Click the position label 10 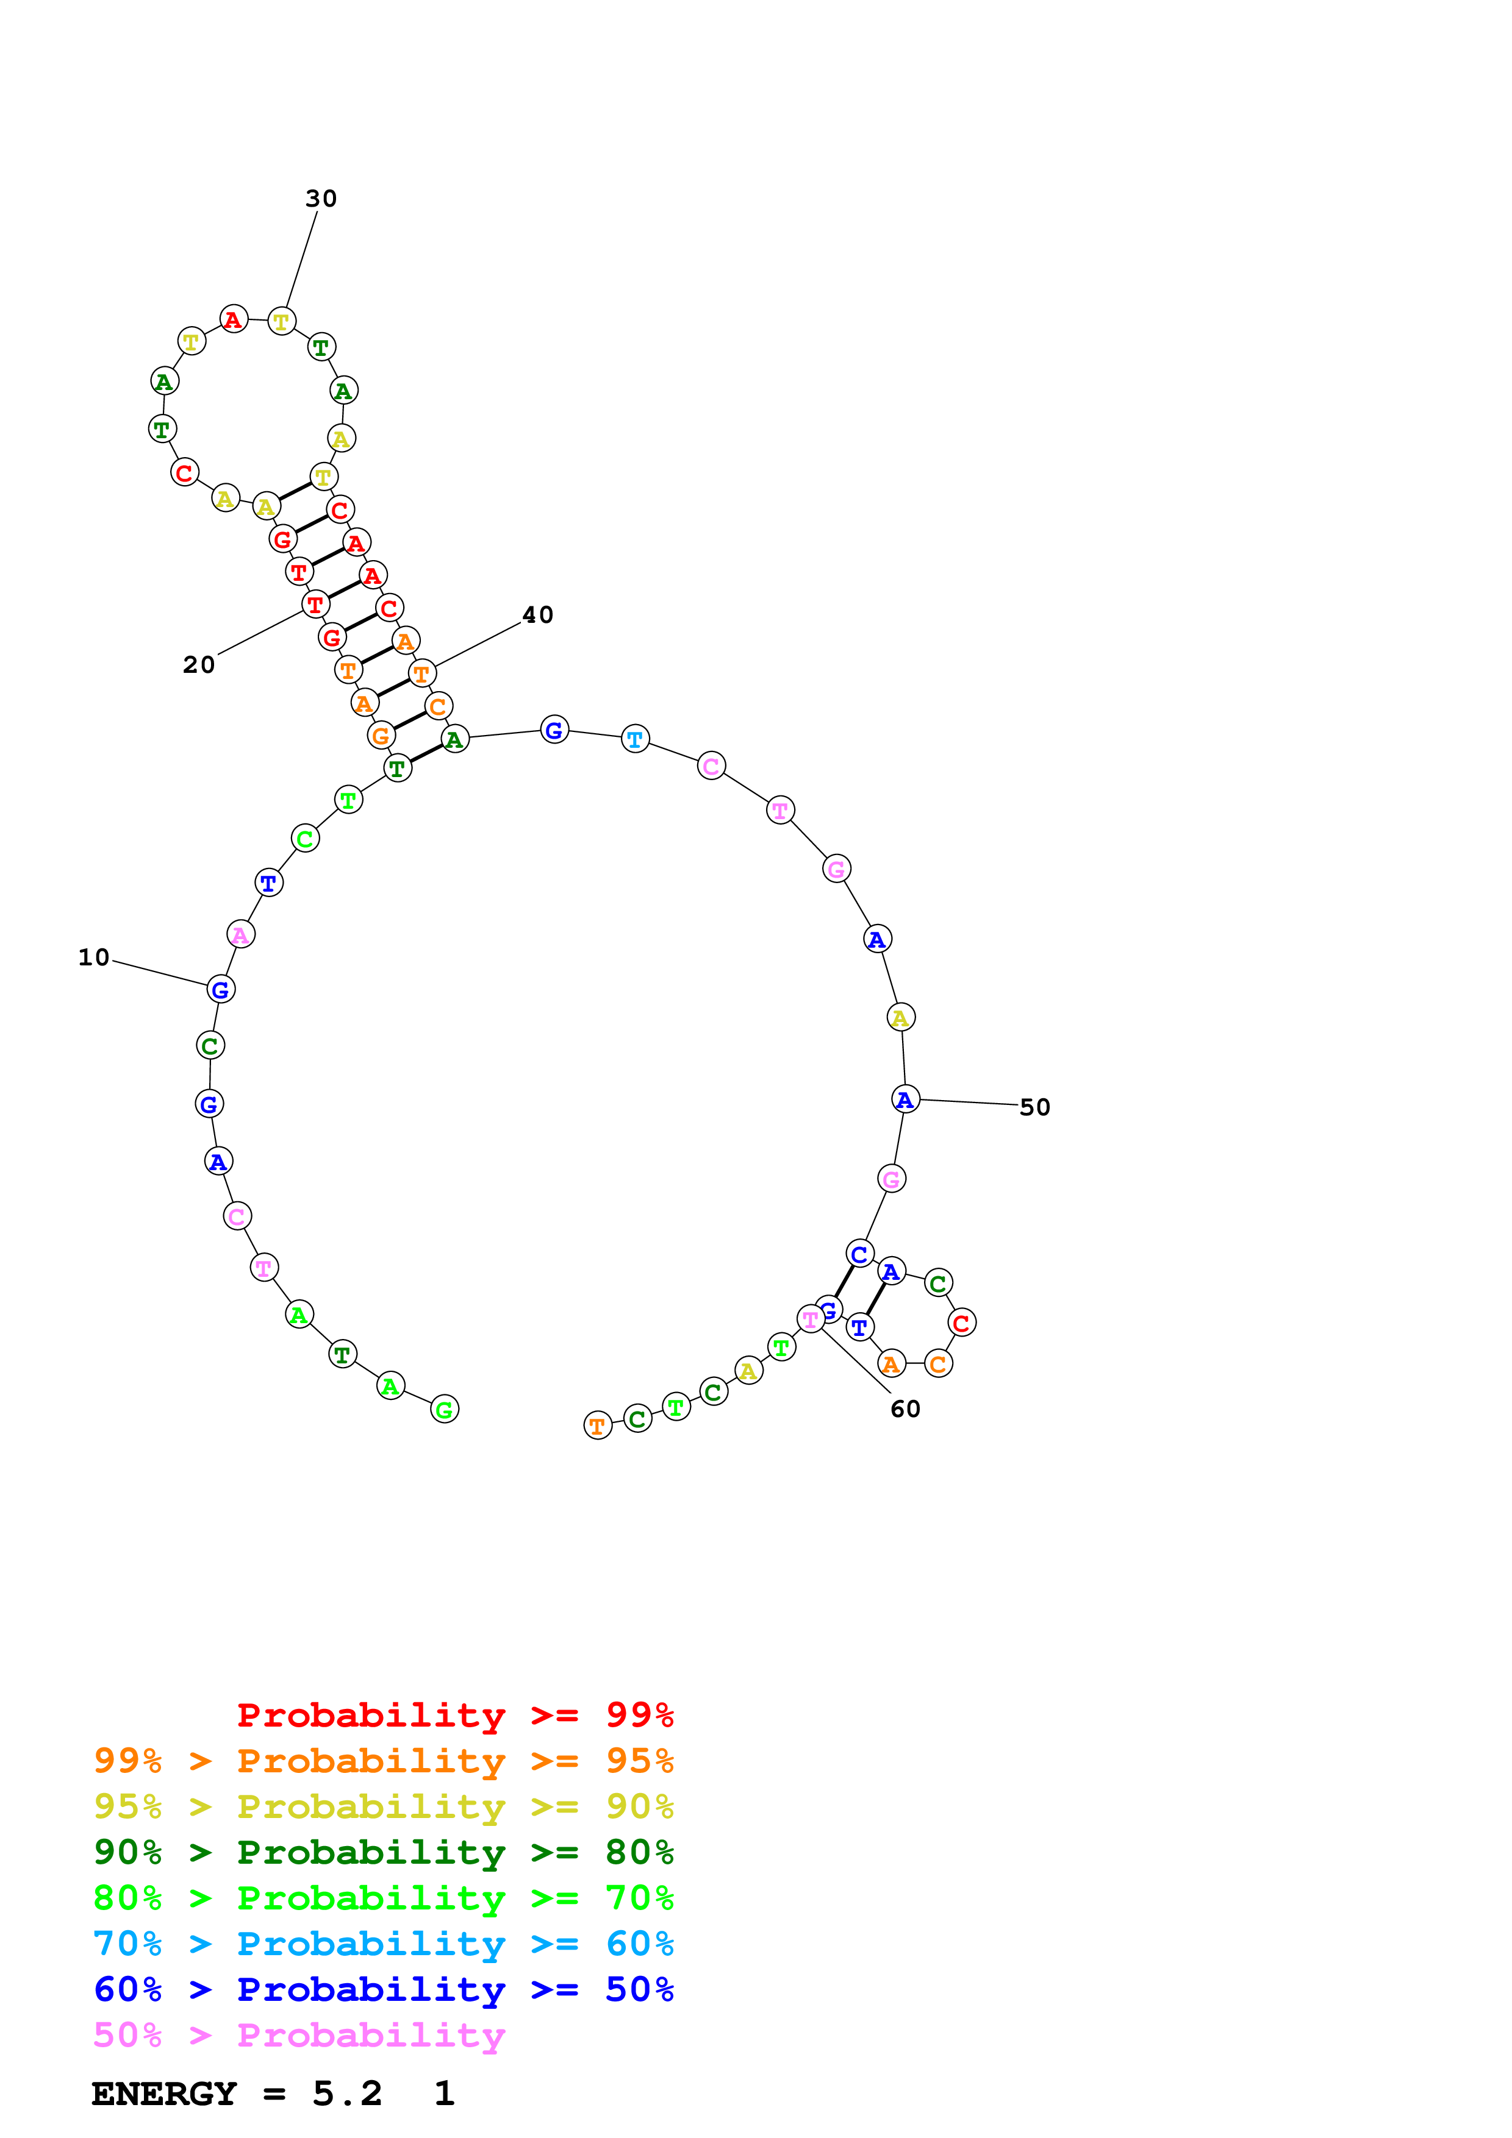coord(94,957)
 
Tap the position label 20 coord(198,665)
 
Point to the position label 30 coord(321,198)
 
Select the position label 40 coord(537,614)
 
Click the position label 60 coord(905,1409)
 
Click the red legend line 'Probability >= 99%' coord(454,1714)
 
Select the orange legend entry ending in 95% coord(383,1761)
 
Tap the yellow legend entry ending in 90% coord(383,1806)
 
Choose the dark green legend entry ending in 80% coord(383,1852)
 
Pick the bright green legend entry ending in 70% coord(383,1898)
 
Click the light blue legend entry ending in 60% coord(383,1944)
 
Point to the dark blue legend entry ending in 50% coord(383,1989)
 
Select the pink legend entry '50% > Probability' coord(298,2034)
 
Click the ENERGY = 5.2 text coord(237,2094)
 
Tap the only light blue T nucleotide coord(636,739)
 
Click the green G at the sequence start coord(445,1410)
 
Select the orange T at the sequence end coord(597,1426)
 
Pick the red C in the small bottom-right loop coord(961,1323)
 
